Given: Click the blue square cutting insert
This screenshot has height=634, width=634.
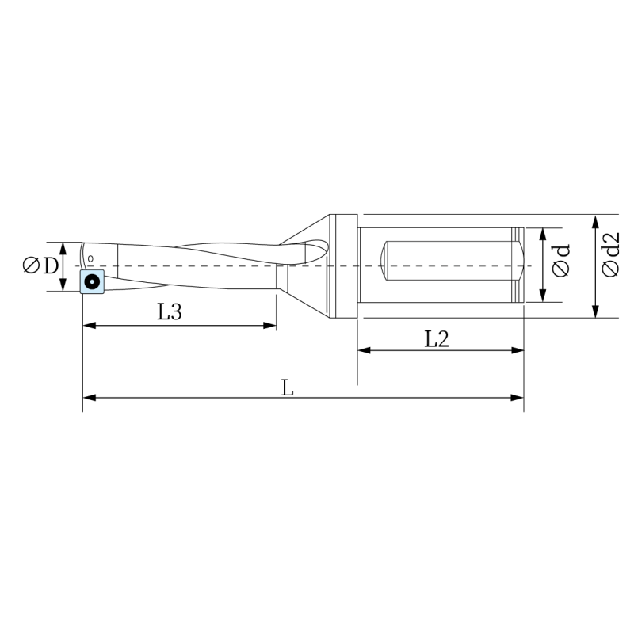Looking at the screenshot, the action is coord(92,281).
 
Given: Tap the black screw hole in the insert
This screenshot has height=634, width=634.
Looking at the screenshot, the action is coord(92,281).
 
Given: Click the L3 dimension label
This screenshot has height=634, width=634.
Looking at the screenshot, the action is coord(170,311).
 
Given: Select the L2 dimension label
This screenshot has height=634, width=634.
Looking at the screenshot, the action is coord(437,339).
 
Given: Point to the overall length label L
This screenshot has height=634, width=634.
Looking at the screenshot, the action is coord(287,388).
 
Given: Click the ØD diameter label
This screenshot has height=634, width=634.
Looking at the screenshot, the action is coord(41,265).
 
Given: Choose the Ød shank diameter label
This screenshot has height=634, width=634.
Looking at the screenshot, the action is coord(561,261).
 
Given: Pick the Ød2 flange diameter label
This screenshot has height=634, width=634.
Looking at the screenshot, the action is coord(610,254).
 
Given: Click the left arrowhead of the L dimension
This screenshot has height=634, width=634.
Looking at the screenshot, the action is coord(90,398).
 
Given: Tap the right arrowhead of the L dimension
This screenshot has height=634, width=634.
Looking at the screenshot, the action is coord(518,398).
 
